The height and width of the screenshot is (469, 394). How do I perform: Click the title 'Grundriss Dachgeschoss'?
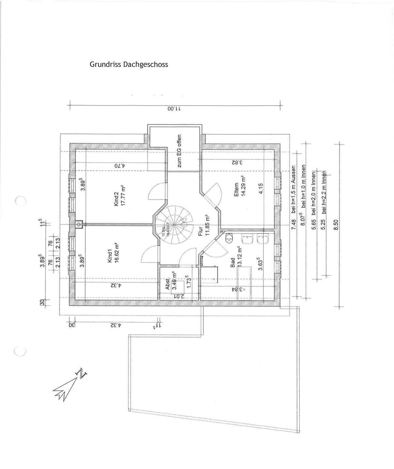tap(129, 64)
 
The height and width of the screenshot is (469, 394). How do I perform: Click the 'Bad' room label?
tap(233, 263)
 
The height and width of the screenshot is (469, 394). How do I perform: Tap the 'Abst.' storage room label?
tap(167, 284)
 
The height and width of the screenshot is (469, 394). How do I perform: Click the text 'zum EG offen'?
tap(179, 151)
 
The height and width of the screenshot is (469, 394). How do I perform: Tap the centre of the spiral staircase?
tap(174, 225)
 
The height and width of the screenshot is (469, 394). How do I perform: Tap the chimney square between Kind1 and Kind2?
tap(78, 224)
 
